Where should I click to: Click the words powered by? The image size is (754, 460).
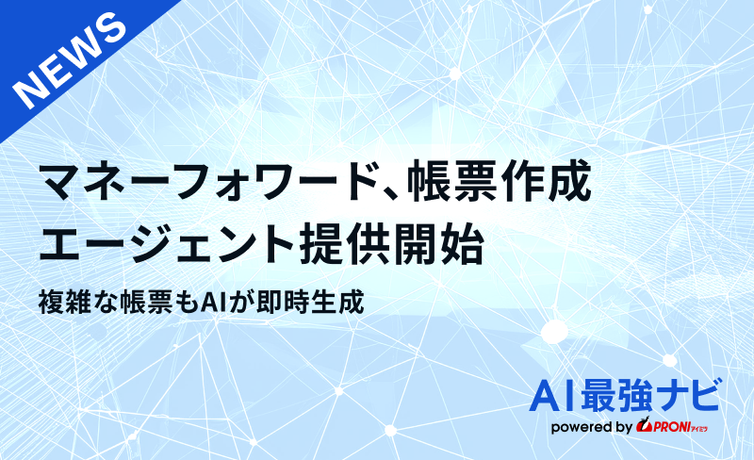click(592, 427)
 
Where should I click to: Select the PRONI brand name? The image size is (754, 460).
click(668, 427)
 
